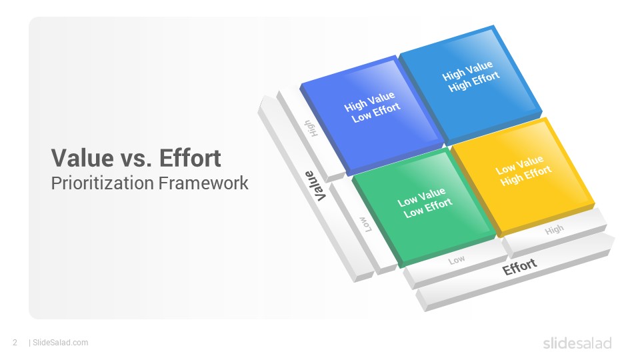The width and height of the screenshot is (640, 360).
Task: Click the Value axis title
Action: coord(315,186)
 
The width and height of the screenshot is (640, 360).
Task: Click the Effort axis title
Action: coord(519,267)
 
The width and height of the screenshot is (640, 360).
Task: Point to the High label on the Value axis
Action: coord(311,128)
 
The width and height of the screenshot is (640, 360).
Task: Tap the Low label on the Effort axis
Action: coord(456,259)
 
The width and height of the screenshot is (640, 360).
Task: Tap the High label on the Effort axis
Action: coord(554,230)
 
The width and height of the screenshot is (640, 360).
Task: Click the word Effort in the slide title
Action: coord(190,158)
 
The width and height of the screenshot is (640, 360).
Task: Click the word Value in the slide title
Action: coord(83,158)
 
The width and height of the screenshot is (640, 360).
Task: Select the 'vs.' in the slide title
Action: coord(136,160)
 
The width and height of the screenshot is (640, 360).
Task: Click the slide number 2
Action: coord(15,343)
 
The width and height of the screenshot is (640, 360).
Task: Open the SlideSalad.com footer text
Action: coord(60,343)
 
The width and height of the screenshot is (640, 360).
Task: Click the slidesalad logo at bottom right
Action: coord(577,343)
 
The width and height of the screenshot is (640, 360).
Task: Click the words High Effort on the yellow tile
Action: coord(526,175)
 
